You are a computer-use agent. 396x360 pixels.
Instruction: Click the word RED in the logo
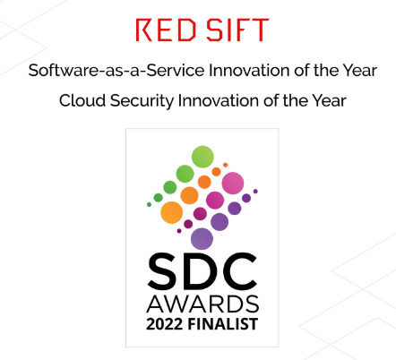click(166, 30)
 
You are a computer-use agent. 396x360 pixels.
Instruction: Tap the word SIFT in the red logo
click(237, 30)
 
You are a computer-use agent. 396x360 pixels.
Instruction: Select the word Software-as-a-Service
click(116, 71)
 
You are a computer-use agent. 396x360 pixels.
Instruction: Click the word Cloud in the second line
click(82, 100)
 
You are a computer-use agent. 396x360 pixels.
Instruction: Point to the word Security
click(142, 101)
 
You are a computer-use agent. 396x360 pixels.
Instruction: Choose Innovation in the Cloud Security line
click(219, 100)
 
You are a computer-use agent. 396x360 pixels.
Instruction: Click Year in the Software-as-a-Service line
click(359, 71)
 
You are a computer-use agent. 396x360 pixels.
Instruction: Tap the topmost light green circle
click(202, 157)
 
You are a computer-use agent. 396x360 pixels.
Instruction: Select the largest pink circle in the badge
click(233, 183)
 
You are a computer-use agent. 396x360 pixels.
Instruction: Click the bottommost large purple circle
click(202, 239)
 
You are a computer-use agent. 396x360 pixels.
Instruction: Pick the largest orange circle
click(171, 212)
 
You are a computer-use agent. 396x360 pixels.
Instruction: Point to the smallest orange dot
click(225, 165)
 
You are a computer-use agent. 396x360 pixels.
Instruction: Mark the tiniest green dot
click(149, 204)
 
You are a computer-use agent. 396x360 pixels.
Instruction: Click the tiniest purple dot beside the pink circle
click(255, 192)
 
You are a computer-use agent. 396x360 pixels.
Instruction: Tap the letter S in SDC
click(163, 271)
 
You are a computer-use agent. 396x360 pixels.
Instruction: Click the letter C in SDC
click(239, 271)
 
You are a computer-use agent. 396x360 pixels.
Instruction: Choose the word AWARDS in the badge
click(202, 304)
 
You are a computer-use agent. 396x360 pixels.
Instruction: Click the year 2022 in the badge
click(164, 324)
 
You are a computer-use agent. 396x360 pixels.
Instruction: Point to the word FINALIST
click(223, 324)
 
